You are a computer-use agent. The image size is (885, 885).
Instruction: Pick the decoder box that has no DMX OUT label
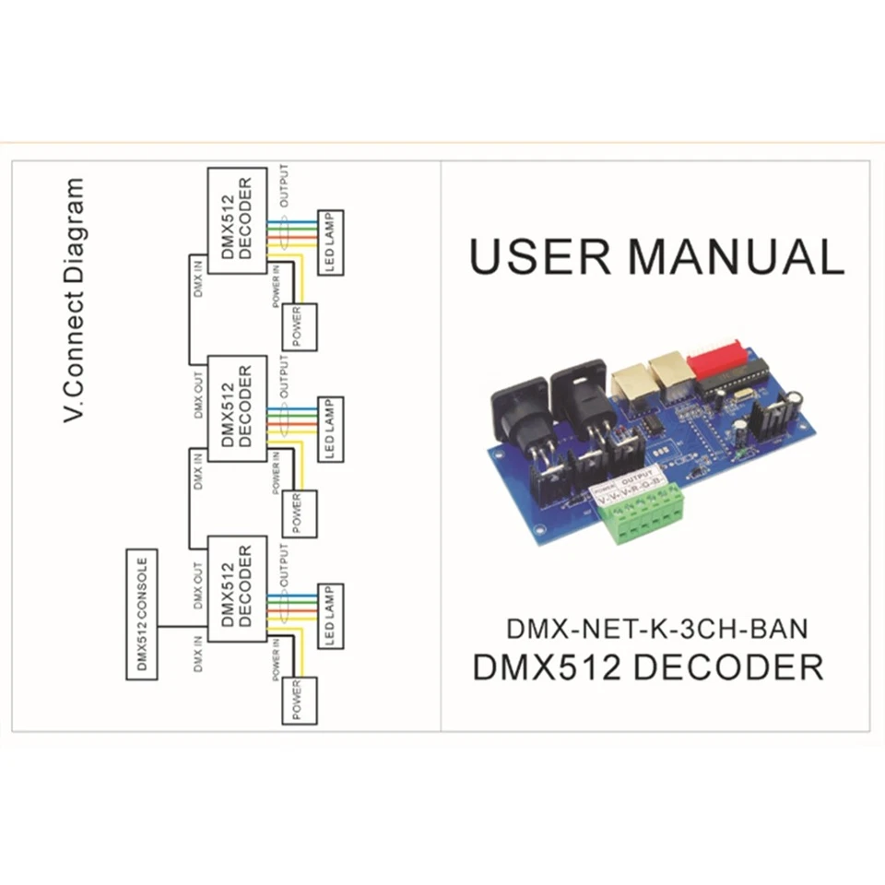[x=236, y=220]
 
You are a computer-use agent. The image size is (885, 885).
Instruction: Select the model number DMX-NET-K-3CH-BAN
[x=656, y=630]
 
